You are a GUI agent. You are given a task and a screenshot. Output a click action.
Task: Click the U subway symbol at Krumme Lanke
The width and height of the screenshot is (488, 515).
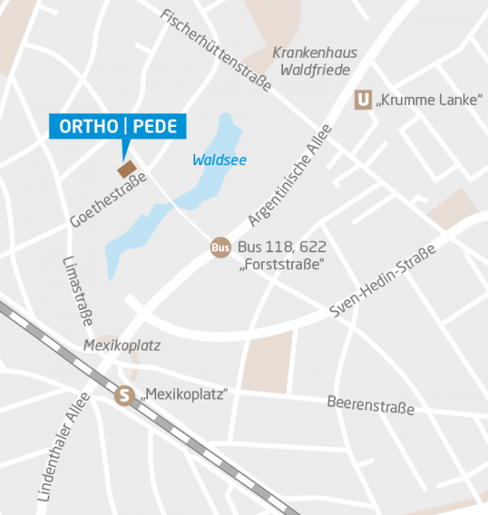coord(363,100)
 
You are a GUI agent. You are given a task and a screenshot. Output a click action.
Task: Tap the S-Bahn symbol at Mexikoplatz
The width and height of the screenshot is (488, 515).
coord(124,395)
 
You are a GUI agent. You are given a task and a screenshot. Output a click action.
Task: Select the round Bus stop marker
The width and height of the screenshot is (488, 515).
coord(220,247)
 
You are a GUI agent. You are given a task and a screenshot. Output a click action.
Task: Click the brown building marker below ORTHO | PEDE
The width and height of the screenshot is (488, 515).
coord(127,169)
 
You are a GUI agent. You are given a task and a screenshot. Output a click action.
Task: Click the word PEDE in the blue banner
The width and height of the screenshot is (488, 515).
coord(155,127)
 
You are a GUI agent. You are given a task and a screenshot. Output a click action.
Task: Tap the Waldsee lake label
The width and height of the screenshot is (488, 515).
coord(219,160)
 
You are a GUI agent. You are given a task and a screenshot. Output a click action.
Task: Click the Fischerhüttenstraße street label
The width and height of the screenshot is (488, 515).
coord(216,50)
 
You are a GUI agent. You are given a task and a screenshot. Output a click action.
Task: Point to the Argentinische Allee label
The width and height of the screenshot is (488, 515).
coord(290,175)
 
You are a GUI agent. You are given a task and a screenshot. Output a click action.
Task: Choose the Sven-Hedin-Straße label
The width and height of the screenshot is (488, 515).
coord(383,280)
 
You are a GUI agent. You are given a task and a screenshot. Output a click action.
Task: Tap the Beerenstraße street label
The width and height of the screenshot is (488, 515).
coord(370,404)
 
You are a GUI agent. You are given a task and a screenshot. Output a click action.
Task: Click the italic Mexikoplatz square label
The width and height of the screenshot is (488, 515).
coord(122,346)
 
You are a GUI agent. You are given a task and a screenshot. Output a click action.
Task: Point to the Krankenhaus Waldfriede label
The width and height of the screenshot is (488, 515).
coord(315,61)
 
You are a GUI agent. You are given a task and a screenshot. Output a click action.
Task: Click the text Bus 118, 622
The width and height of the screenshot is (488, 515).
coord(280,247)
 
